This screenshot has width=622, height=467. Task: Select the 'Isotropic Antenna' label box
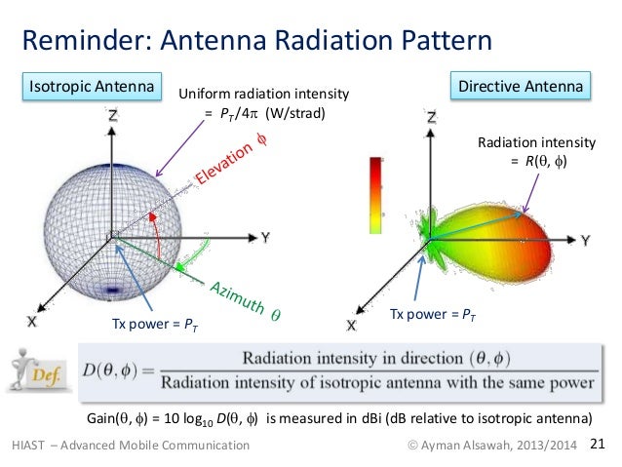click(x=91, y=88)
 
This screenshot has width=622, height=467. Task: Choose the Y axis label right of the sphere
click(x=264, y=236)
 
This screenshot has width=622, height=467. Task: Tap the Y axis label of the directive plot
click(x=586, y=238)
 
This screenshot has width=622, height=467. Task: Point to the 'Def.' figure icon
click(x=39, y=370)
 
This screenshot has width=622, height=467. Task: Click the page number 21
click(x=599, y=446)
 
